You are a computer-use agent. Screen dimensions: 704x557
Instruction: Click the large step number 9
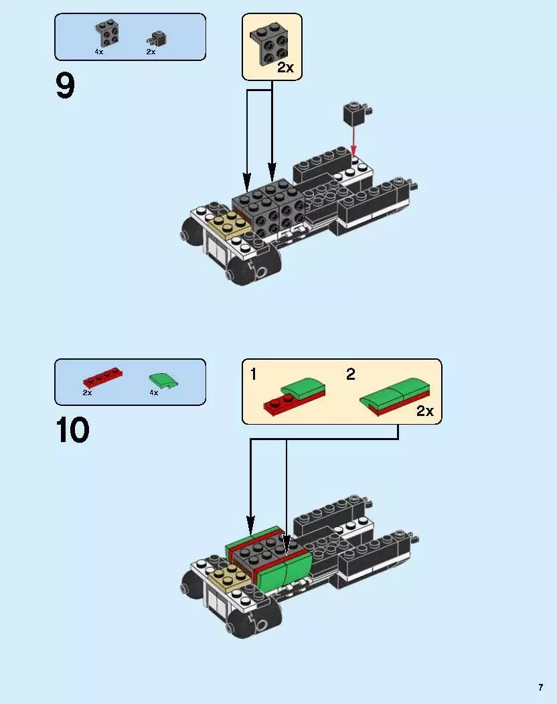coord(66,86)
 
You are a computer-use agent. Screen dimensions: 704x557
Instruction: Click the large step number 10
coord(72,430)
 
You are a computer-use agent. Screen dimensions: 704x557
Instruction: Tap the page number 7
coord(540,687)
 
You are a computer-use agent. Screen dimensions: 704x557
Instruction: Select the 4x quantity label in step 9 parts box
coord(99,52)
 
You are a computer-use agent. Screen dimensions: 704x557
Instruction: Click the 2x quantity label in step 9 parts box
coord(151,52)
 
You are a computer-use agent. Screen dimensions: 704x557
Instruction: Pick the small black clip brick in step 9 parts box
coord(157,37)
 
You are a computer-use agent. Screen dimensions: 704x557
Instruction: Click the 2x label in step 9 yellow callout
coord(285,68)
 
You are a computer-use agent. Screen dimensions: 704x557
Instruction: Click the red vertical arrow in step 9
coord(353,142)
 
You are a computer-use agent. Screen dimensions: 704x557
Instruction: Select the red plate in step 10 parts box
coord(102,377)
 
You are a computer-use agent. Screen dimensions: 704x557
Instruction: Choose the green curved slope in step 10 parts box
coord(164,380)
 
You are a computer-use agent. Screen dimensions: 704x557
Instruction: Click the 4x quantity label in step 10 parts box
coord(153,393)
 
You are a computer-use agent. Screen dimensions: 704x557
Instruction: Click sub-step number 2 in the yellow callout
coord(350,374)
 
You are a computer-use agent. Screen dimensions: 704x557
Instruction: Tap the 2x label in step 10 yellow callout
coord(425,411)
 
